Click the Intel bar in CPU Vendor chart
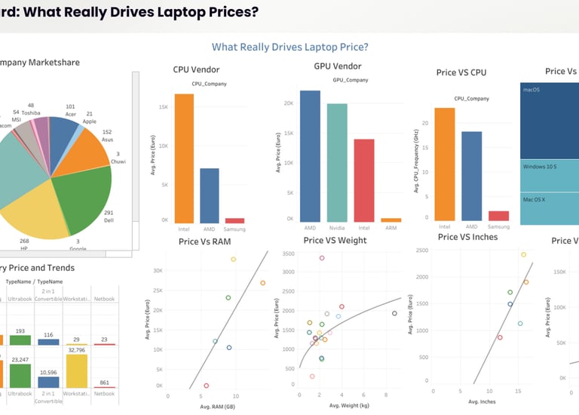(184, 158)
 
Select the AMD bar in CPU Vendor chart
(210, 196)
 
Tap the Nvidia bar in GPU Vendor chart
(337, 163)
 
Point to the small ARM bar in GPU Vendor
(391, 220)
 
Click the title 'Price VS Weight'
(335, 241)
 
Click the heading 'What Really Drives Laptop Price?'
(289, 47)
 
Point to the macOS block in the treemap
(548, 121)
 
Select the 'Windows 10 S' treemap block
(548, 167)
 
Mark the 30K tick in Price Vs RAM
(158, 270)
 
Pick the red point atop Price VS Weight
(322, 258)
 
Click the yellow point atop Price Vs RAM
(233, 259)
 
